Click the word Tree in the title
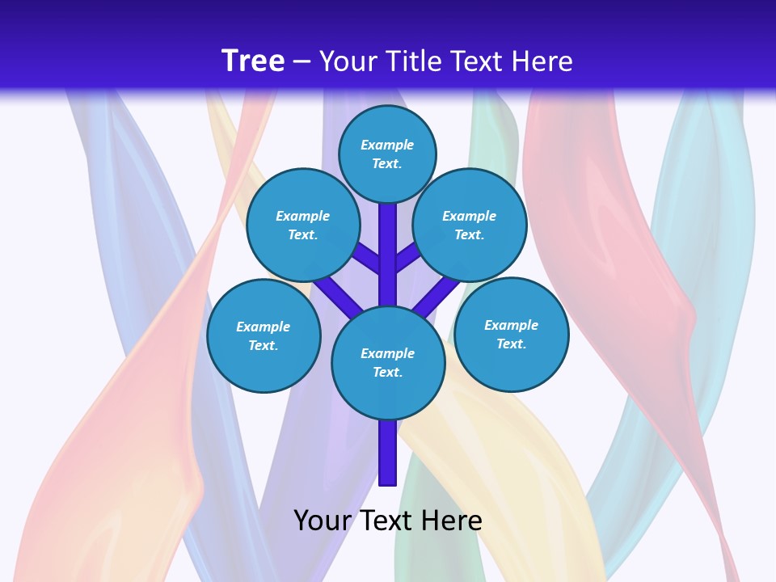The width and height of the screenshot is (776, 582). pyautogui.click(x=253, y=61)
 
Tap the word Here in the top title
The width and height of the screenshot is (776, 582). pyautogui.click(x=542, y=61)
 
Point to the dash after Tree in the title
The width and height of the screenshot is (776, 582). pyautogui.click(x=302, y=62)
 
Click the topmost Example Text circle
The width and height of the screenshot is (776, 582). pyautogui.click(x=387, y=154)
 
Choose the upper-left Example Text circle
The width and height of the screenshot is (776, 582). pyautogui.click(x=303, y=225)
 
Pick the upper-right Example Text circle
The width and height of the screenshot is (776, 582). pyautogui.click(x=470, y=225)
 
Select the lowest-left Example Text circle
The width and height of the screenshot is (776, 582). pyautogui.click(x=264, y=335)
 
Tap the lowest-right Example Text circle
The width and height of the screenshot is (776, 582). pyautogui.click(x=511, y=334)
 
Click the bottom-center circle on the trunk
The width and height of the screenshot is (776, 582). pyautogui.click(x=388, y=362)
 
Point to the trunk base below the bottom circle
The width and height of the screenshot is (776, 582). pyautogui.click(x=388, y=453)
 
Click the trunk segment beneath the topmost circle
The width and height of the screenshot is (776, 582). pyautogui.click(x=388, y=242)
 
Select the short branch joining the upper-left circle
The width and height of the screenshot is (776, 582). pyautogui.click(x=369, y=257)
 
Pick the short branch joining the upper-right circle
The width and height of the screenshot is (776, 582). pyautogui.click(x=407, y=257)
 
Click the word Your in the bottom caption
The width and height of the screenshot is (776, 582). pyautogui.click(x=323, y=521)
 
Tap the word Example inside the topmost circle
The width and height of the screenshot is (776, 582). pyautogui.click(x=387, y=145)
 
